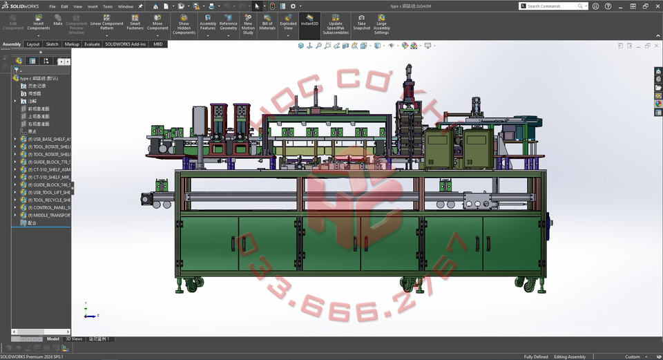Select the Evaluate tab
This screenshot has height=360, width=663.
coord(92,44)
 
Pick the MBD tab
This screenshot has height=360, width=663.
coord(158,44)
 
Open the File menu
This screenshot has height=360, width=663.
coord(52,6)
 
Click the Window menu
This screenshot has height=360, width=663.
coord(125,6)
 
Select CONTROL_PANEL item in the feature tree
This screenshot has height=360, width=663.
coord(49,207)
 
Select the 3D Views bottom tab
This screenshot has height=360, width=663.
coord(74,339)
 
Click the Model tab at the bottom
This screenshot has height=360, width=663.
coord(53,339)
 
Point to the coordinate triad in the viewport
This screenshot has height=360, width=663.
coord(88,312)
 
